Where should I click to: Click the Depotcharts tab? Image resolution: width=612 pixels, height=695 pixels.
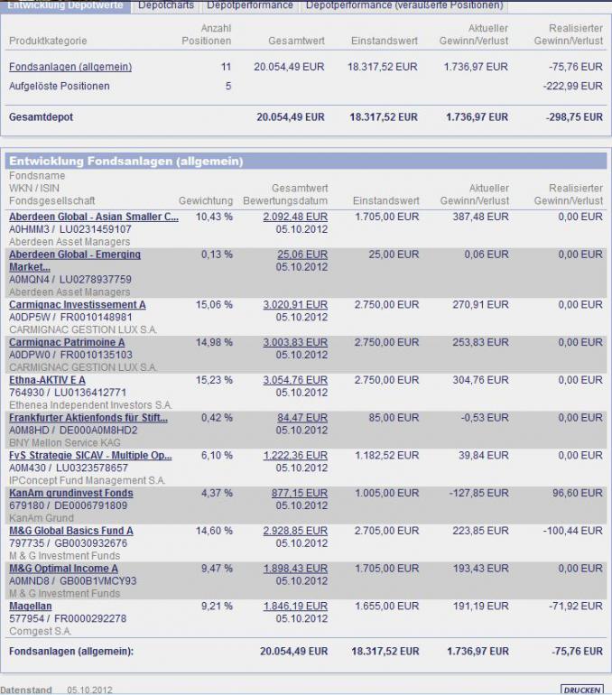tap(165, 5)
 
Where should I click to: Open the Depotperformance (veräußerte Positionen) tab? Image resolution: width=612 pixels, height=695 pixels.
tap(404, 5)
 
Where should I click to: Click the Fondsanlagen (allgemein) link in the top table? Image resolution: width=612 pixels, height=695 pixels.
tap(70, 67)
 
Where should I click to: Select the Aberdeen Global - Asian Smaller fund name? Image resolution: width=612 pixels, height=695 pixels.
tap(94, 217)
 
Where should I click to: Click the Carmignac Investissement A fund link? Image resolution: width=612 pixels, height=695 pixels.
tap(77, 305)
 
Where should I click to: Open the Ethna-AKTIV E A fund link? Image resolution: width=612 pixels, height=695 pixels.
tap(47, 380)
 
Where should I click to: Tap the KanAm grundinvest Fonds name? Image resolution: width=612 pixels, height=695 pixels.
tap(70, 494)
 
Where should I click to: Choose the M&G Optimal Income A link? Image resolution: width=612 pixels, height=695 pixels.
tap(63, 569)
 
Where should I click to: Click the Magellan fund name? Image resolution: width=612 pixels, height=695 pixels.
tap(30, 607)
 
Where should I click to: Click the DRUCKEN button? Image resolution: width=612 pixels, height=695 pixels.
tap(582, 690)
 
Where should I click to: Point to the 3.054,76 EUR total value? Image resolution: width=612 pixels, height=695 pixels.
tap(295, 380)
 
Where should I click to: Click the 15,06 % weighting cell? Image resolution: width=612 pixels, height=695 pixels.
tap(214, 305)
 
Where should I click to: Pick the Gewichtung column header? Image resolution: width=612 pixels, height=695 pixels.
tap(206, 200)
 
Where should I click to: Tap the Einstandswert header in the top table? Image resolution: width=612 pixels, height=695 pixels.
tap(384, 42)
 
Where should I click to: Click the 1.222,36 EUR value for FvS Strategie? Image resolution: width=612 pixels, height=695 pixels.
tap(295, 456)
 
